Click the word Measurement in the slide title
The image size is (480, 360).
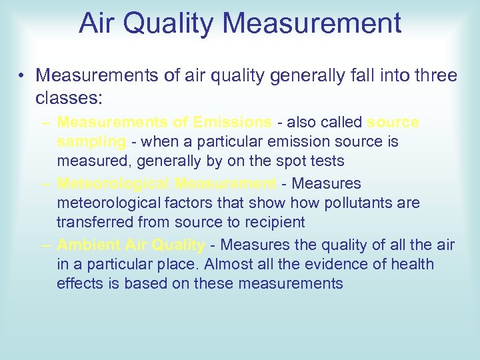313,23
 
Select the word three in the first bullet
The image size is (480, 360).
434,76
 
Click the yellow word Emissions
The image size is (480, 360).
229,123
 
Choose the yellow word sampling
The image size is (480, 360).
91,142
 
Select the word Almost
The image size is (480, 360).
230,264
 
